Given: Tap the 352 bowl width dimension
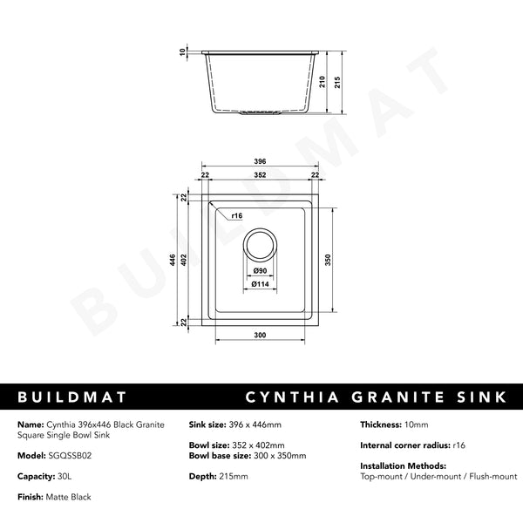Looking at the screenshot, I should click(260, 174).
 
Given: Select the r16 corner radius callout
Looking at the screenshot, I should click(237, 214).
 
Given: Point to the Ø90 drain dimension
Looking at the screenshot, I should click(259, 271).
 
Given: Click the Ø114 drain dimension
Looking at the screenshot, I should click(259, 283).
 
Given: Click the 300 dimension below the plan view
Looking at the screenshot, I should click(259, 335).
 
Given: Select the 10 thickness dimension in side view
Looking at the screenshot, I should click(183, 52).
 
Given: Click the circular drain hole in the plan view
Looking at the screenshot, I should click(260, 247).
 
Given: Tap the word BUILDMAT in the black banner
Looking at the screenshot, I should click(72, 397).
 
